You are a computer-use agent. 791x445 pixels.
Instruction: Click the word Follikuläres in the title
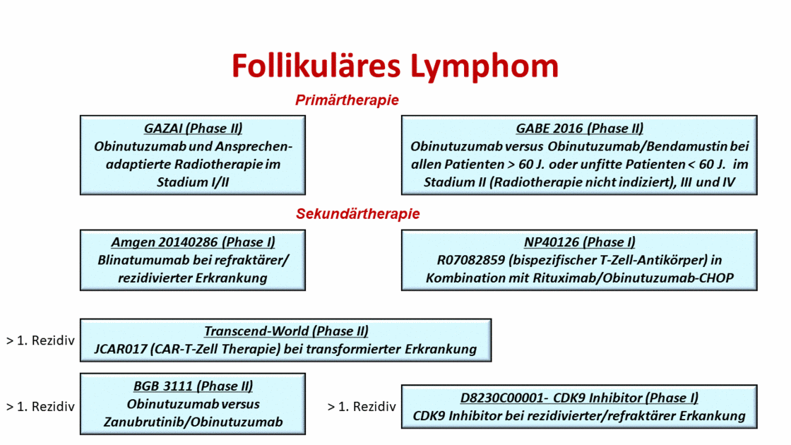316,66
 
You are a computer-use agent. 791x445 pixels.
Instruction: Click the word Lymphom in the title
484,66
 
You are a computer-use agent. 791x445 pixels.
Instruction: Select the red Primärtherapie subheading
347,100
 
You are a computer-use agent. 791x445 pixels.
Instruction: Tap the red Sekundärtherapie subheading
357,213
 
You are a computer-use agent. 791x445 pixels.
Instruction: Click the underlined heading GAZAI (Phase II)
194,128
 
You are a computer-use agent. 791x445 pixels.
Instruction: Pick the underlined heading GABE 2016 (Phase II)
580,128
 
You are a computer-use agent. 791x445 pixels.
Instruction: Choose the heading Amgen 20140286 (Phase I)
194,242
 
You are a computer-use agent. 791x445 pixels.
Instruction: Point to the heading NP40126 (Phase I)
580,242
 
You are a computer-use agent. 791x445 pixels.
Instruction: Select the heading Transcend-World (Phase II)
286,331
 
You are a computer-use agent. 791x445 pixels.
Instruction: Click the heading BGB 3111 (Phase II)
194,386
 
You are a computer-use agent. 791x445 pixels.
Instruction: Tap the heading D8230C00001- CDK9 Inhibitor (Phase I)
579,398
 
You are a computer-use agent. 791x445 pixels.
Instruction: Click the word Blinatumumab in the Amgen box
142,261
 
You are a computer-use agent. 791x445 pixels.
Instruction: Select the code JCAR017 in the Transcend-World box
120,349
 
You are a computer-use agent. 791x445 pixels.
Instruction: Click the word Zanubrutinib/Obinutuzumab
194,422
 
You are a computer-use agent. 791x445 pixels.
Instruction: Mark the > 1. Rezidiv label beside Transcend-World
40,340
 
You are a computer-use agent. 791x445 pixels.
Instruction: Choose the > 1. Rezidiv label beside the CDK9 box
362,407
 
